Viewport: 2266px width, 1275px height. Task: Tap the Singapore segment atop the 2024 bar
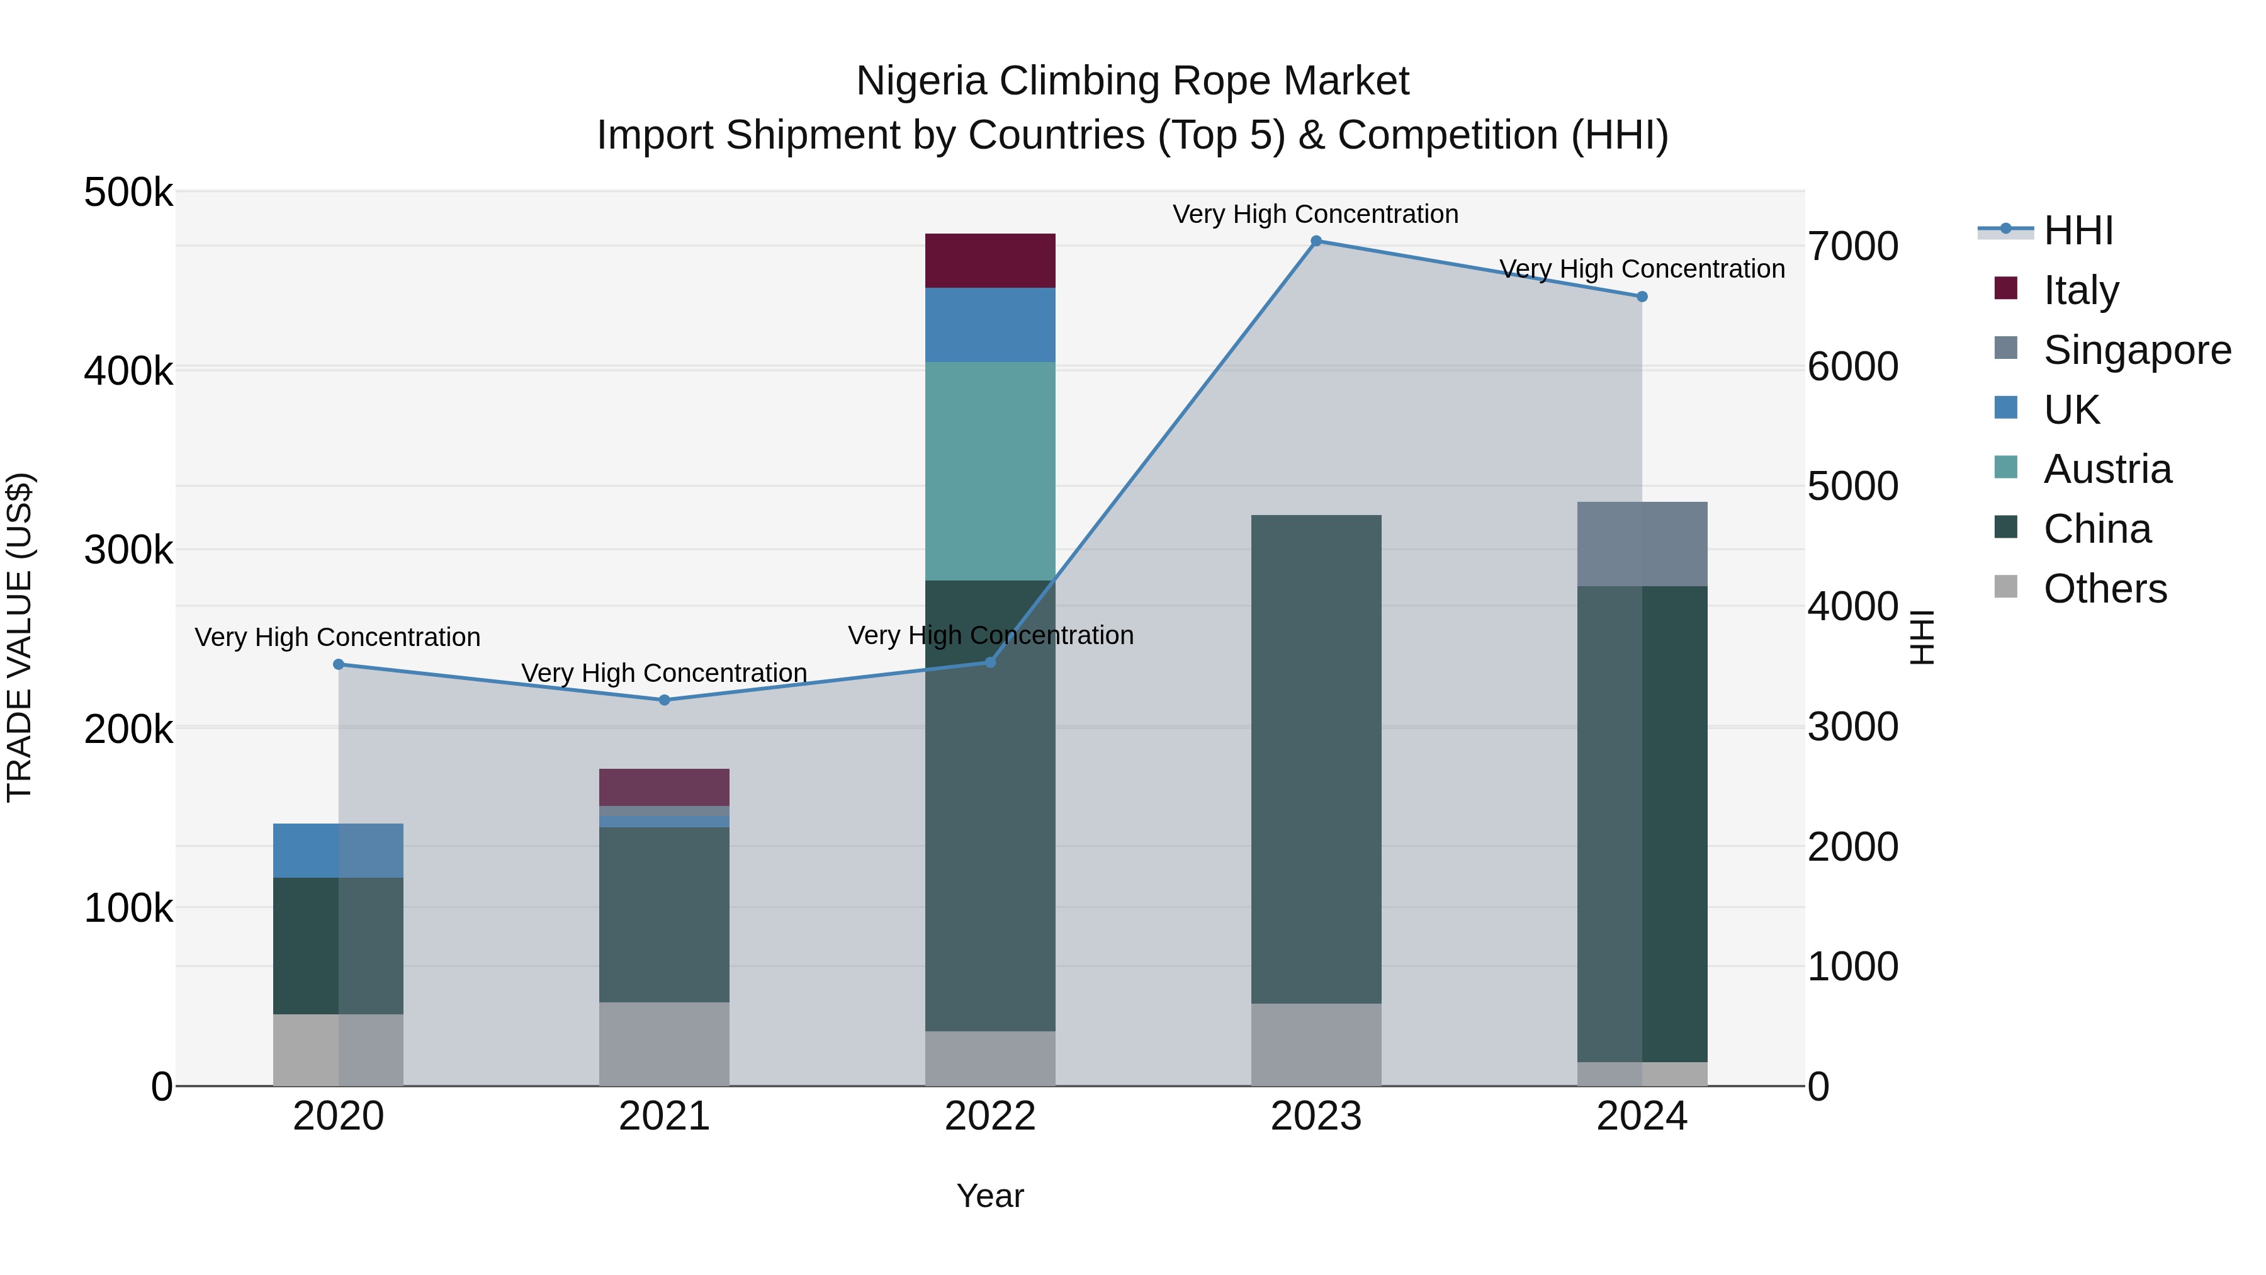tap(1642, 544)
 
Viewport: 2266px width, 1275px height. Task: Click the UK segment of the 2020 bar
tap(338, 850)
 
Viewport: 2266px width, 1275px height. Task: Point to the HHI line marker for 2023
tap(1316, 241)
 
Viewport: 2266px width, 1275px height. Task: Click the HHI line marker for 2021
tap(664, 700)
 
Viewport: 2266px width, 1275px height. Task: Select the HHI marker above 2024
tap(1642, 297)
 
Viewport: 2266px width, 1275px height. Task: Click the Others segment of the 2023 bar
tap(1316, 1045)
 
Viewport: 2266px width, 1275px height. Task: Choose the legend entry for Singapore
tap(2137, 350)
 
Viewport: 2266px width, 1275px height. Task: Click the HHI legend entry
tap(2078, 230)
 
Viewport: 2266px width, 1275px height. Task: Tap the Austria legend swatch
tap(2005, 468)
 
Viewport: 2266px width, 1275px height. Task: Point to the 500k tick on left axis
tap(128, 193)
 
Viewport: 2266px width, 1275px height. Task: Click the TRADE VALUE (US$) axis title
tap(20, 638)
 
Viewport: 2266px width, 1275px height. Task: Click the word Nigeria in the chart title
tap(922, 81)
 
